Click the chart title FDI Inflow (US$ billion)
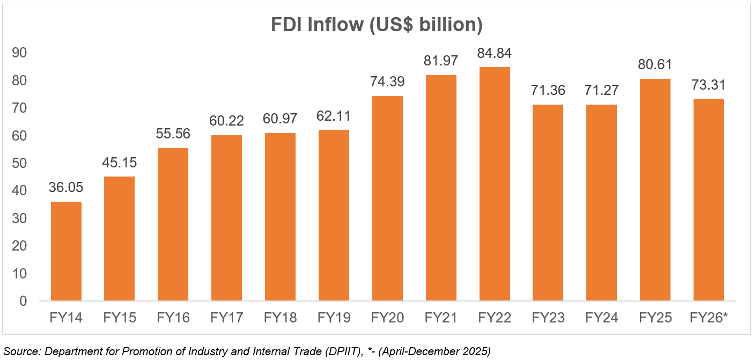click(x=375, y=25)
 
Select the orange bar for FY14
click(x=66, y=251)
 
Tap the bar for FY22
click(x=495, y=183)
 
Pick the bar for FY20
click(x=387, y=198)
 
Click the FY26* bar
click(x=709, y=200)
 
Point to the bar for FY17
click(x=226, y=217)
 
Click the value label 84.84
click(x=495, y=54)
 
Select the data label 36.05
click(x=66, y=188)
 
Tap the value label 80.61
click(x=655, y=65)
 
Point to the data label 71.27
click(x=601, y=91)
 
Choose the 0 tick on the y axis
click(x=23, y=301)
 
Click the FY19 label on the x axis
click(x=334, y=318)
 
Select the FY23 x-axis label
click(x=548, y=318)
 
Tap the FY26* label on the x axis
click(x=709, y=318)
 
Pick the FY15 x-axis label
click(x=120, y=318)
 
